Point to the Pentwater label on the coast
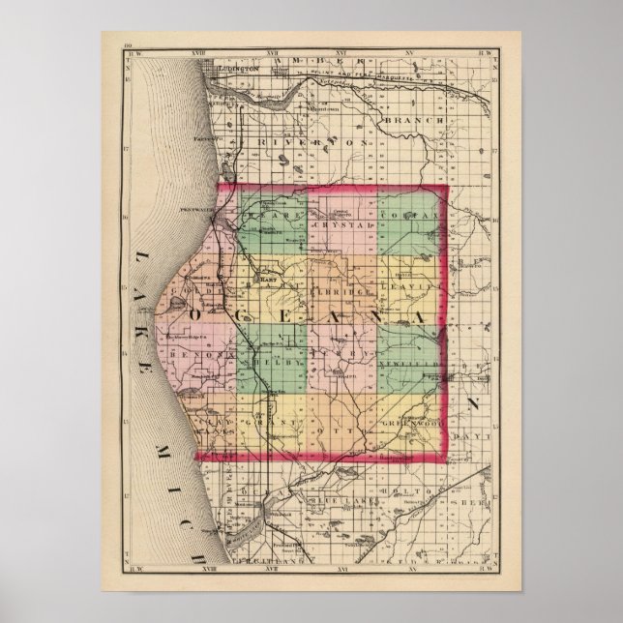[196, 208]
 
